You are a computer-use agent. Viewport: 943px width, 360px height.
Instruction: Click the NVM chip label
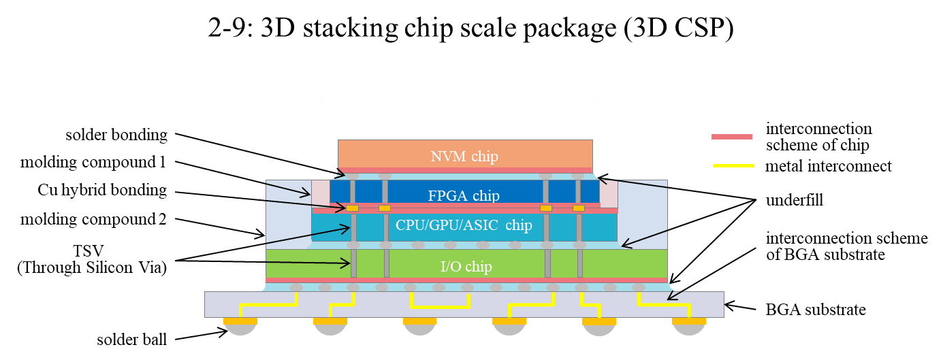[464, 157]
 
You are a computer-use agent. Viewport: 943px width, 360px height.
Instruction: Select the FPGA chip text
[464, 196]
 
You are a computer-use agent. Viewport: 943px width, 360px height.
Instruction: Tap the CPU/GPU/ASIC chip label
[463, 225]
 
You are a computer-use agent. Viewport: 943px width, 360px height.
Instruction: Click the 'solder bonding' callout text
[116, 135]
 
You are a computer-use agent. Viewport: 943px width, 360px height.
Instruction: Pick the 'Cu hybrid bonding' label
[101, 190]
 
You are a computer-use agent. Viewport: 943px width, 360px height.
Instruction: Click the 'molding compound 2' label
[94, 219]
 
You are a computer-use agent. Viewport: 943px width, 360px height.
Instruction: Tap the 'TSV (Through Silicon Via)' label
[91, 259]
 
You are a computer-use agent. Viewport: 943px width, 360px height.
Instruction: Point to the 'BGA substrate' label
[816, 310]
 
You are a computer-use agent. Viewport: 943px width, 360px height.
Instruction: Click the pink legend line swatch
[732, 137]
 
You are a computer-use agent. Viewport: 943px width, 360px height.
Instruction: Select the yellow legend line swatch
[732, 165]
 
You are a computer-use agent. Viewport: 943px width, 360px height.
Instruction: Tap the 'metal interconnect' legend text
[829, 165]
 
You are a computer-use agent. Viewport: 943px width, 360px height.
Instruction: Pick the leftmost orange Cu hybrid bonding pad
[353, 208]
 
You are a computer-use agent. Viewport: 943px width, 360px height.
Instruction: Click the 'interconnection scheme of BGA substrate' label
[846, 246]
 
